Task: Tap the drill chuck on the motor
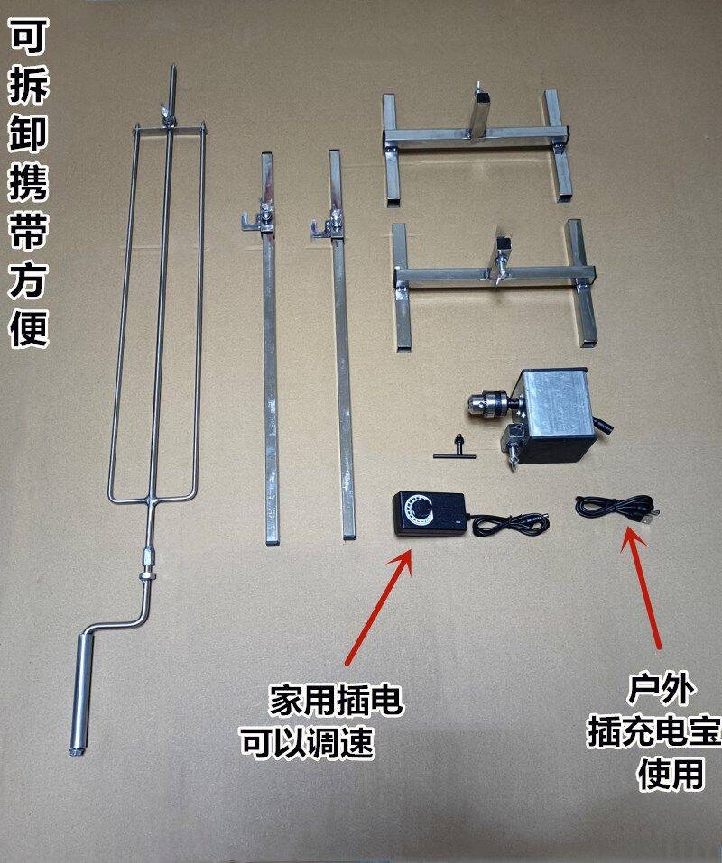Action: (488, 405)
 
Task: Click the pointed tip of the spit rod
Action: (172, 67)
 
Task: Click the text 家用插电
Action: (336, 700)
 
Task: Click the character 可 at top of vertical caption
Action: (29, 36)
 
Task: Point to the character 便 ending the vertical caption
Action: (29, 327)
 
